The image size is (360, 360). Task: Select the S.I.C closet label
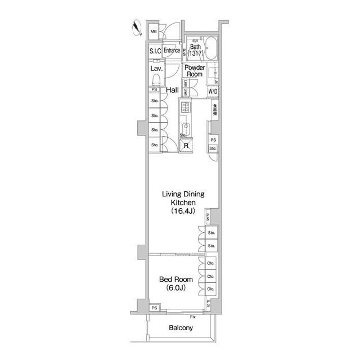(155, 51)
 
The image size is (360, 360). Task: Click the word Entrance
(172, 51)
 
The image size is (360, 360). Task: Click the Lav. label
(156, 69)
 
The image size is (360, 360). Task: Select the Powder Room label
(195, 71)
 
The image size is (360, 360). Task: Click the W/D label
(213, 91)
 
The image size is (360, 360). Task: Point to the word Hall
(172, 90)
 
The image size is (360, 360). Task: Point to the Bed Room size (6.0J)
(175, 288)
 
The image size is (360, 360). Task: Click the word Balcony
(181, 328)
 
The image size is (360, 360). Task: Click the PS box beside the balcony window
(154, 308)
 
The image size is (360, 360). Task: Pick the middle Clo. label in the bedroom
(211, 277)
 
